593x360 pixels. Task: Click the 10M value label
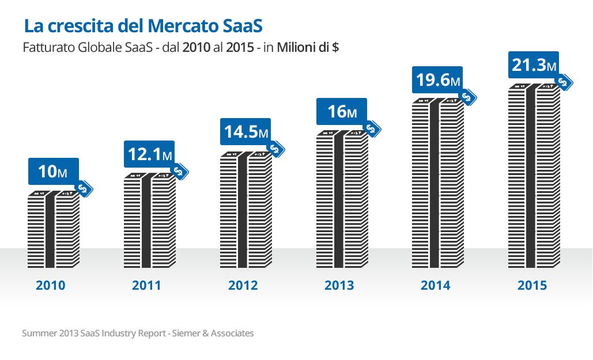53,171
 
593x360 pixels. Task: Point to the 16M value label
341,111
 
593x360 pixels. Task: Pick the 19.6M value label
437,80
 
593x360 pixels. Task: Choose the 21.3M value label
534,65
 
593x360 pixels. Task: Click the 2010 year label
51,285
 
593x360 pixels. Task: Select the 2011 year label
146,285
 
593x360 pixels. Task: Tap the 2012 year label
243,285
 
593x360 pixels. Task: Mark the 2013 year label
339,285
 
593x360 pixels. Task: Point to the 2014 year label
435,285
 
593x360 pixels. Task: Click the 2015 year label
531,285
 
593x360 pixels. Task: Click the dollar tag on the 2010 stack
85,188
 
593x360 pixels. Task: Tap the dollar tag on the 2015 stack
565,82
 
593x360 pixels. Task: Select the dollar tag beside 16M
373,130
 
